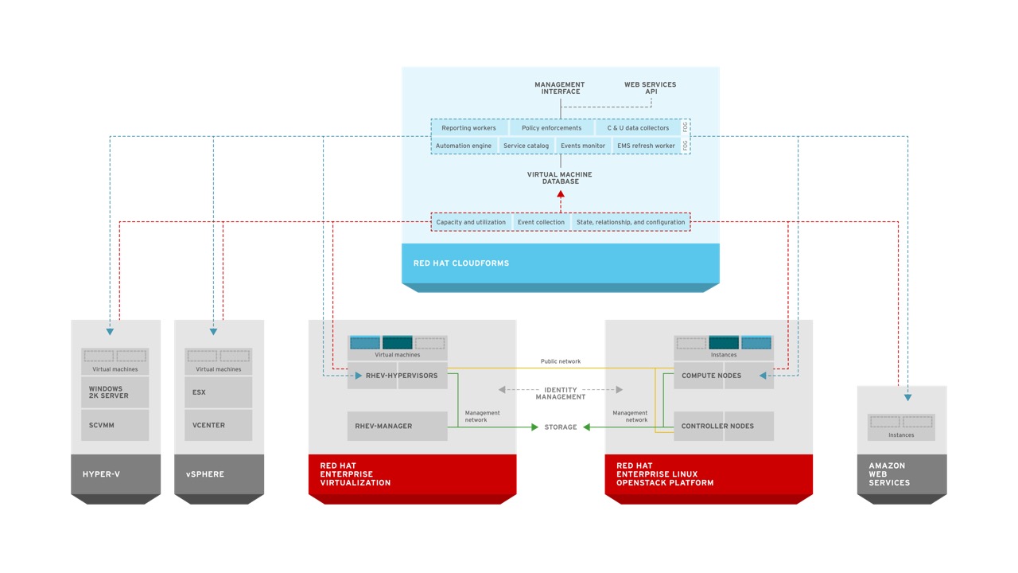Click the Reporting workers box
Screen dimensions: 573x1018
[x=468, y=128]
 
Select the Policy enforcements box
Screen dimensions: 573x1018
[x=551, y=128]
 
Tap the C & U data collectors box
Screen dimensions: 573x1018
[x=638, y=128]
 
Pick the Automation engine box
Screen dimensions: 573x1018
[x=464, y=146]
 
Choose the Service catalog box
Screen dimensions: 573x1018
[x=526, y=146]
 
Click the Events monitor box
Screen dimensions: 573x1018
[x=583, y=146]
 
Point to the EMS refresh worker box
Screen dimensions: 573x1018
[x=646, y=146]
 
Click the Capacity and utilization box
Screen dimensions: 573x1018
[x=471, y=222]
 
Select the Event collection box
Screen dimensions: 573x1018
[x=541, y=222]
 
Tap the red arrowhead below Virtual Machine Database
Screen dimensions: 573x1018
[x=561, y=193]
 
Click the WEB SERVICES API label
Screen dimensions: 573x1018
[x=650, y=88]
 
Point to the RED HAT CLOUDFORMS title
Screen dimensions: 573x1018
[x=460, y=263]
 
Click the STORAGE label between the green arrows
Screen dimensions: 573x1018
[x=561, y=427]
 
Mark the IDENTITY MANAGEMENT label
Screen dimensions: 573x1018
[x=561, y=393]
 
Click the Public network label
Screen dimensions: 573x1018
[x=561, y=361]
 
